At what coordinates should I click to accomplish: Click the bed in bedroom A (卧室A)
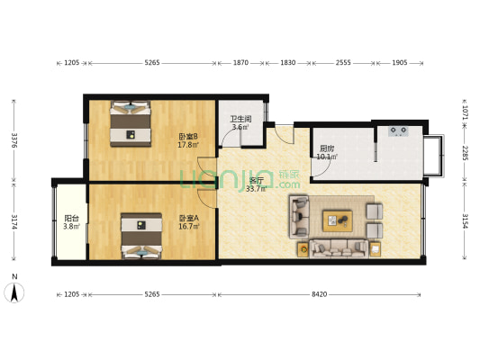(140, 235)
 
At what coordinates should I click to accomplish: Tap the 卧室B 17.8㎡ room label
(187, 140)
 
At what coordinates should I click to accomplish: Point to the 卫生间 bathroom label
(240, 123)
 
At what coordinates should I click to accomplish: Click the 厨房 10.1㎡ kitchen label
(326, 153)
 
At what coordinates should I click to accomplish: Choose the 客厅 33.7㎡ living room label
(258, 184)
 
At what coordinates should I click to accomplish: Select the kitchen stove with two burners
(399, 131)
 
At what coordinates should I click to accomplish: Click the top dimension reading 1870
(241, 63)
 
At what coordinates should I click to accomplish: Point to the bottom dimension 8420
(321, 293)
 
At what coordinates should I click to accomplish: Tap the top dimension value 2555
(344, 63)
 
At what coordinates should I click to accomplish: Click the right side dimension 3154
(465, 221)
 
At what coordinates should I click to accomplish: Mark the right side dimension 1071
(465, 112)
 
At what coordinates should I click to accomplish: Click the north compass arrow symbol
(14, 292)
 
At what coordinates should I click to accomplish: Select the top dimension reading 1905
(401, 63)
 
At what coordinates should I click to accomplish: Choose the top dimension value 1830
(288, 63)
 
